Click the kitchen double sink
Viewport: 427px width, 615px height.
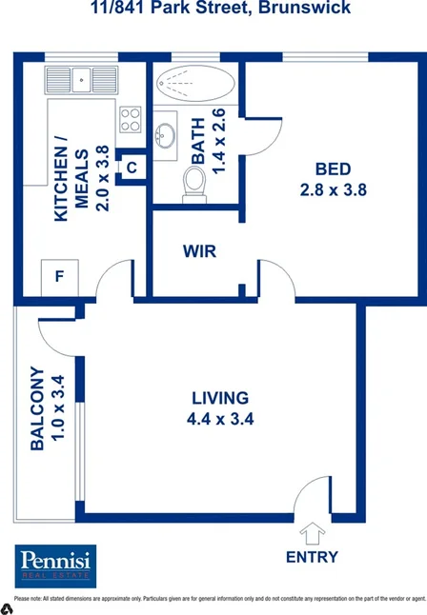pyautogui.click(x=82, y=78)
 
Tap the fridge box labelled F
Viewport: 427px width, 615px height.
pyautogui.click(x=59, y=277)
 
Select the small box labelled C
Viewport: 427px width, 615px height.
pyautogui.click(x=132, y=168)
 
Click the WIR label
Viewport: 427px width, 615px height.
pyautogui.click(x=200, y=251)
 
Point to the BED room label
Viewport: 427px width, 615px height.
pyautogui.click(x=333, y=169)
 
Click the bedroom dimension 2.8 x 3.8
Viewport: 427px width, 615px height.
pyautogui.click(x=333, y=188)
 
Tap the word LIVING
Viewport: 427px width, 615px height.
pyautogui.click(x=220, y=398)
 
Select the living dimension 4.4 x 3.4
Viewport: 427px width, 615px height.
pyautogui.click(x=220, y=418)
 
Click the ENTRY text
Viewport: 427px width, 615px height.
pyautogui.click(x=312, y=556)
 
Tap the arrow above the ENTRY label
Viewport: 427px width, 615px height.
pyautogui.click(x=312, y=531)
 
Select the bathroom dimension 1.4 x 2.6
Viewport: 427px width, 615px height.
pyautogui.click(x=218, y=141)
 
